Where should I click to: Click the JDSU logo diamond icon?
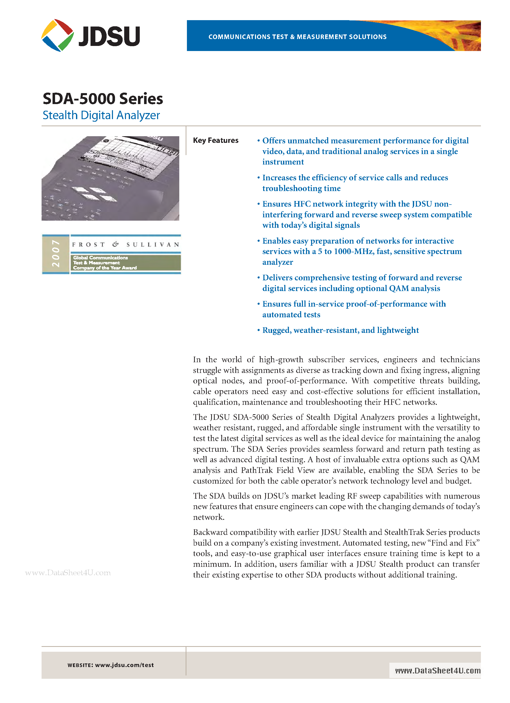pos(58,35)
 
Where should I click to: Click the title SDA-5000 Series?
pos(103,99)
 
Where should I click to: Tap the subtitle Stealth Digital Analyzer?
pos(101,115)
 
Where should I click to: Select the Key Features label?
pos(216,140)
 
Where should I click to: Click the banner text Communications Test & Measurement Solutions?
pos(297,37)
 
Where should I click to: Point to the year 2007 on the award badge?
pos(56,253)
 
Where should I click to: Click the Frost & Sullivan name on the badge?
pos(125,245)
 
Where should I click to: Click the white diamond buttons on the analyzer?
pos(95,194)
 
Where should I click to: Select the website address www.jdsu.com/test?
pos(124,665)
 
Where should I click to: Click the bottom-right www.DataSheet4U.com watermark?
pos(438,671)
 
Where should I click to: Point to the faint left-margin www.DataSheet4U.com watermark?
pos(68,573)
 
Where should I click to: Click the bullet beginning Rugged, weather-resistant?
pos(340,330)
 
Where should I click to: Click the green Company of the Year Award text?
pos(105,268)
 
